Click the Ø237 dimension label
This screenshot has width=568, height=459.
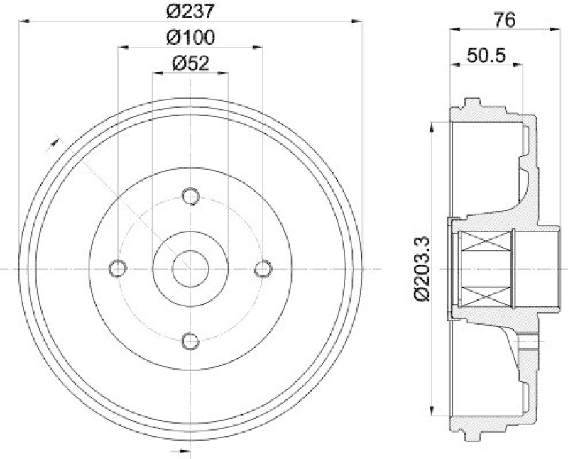pyautogui.click(x=190, y=11)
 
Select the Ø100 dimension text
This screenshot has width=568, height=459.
pyautogui.click(x=190, y=37)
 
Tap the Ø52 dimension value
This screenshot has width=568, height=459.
pyautogui.click(x=190, y=63)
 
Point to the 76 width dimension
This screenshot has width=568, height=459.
pyautogui.click(x=504, y=20)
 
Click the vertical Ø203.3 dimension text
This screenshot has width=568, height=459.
pyautogui.click(x=420, y=269)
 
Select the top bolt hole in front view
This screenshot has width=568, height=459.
pyautogui.click(x=190, y=195)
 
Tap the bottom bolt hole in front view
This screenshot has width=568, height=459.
pyautogui.click(x=190, y=341)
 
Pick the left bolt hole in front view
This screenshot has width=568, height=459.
pyautogui.click(x=117, y=268)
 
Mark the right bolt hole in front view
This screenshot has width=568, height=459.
pyautogui.click(x=263, y=268)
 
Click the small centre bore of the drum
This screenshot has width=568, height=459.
pyautogui.click(x=190, y=268)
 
